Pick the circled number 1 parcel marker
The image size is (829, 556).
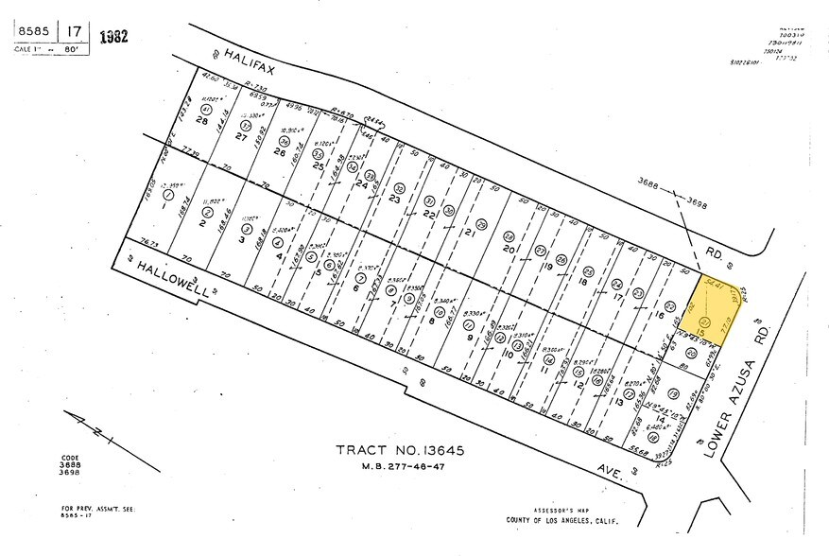click(x=168, y=195)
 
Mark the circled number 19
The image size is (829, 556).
click(x=673, y=392)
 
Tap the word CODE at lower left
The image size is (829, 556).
click(x=58, y=457)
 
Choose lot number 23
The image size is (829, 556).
click(x=394, y=200)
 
